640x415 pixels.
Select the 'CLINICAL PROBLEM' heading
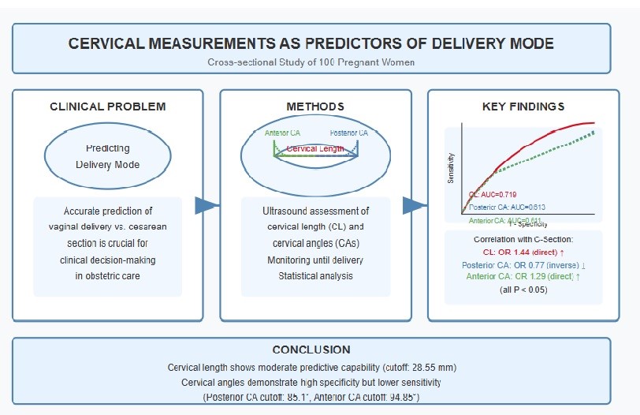point(107,106)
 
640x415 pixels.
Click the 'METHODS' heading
point(315,106)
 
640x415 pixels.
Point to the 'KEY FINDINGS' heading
point(522,106)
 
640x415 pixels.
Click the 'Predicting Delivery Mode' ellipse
point(107,156)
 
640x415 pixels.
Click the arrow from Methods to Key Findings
point(415,206)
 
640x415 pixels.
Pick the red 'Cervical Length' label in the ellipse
point(314,148)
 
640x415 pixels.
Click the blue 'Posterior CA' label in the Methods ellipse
point(348,133)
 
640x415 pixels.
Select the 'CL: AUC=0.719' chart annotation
point(493,193)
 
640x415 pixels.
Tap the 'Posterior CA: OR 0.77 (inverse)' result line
point(522,265)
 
